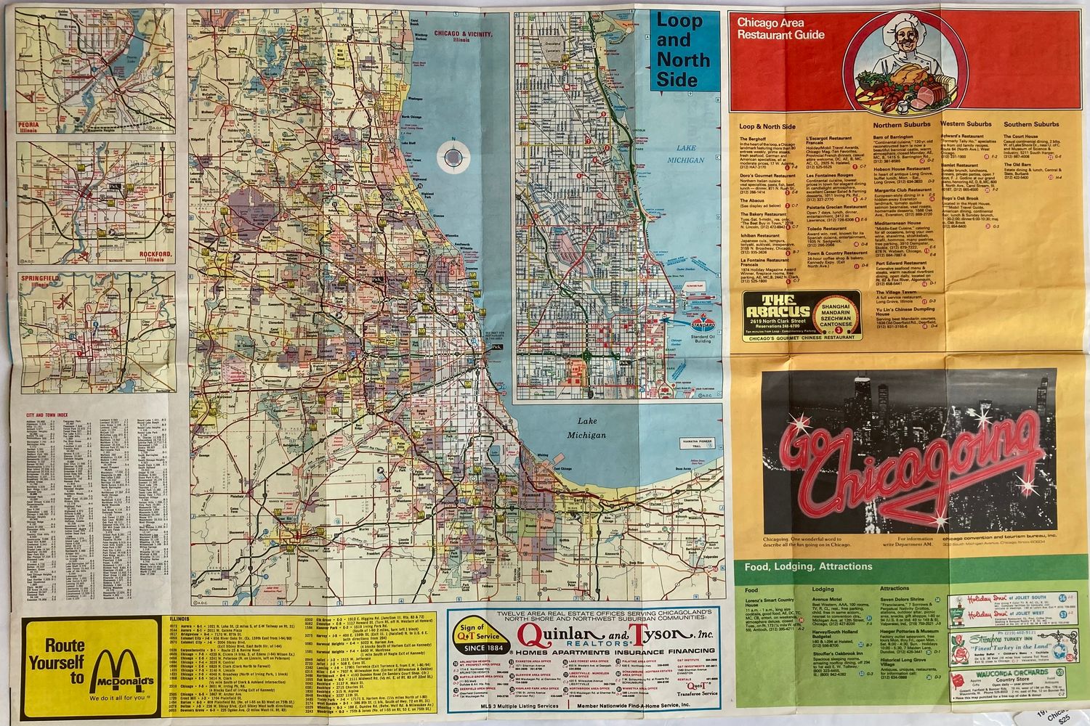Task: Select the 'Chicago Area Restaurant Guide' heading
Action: click(x=780, y=28)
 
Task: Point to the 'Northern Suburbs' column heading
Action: click(x=901, y=125)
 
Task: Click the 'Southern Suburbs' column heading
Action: click(x=1030, y=124)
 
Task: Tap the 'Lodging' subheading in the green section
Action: click(x=823, y=589)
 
